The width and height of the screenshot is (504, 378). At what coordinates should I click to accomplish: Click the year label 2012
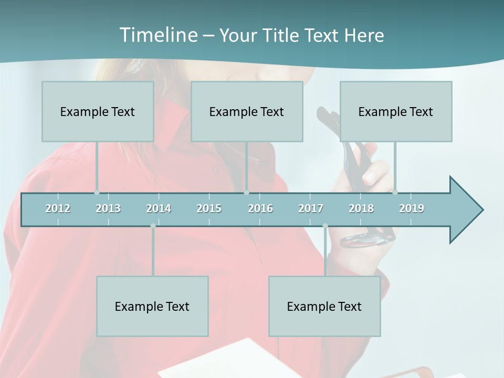pyautogui.click(x=58, y=208)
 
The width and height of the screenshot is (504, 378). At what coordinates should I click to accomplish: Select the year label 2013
pyautogui.click(x=108, y=208)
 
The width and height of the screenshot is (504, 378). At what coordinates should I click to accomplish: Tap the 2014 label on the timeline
pyautogui.click(x=159, y=208)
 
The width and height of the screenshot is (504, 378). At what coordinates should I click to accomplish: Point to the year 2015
pyautogui.click(x=209, y=208)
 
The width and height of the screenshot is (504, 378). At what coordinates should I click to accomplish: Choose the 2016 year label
pyautogui.click(x=260, y=208)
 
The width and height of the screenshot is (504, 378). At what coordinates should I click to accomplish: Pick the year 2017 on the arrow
pyautogui.click(x=311, y=208)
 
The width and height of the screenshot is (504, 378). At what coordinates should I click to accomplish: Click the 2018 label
pyautogui.click(x=361, y=208)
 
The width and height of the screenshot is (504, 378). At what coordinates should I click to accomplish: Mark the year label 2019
pyautogui.click(x=412, y=208)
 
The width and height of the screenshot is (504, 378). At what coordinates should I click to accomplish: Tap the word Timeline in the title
pyautogui.click(x=157, y=35)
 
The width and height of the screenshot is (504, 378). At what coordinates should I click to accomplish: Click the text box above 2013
pyautogui.click(x=98, y=111)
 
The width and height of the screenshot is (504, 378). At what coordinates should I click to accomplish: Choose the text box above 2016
pyautogui.click(x=247, y=111)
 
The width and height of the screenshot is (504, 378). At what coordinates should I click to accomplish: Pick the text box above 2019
pyautogui.click(x=396, y=111)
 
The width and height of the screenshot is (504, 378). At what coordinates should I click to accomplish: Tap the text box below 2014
pyautogui.click(x=152, y=306)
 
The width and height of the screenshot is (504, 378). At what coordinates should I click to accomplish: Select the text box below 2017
pyautogui.click(x=324, y=306)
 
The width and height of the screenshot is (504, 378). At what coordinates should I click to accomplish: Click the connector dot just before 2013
pyautogui.click(x=97, y=193)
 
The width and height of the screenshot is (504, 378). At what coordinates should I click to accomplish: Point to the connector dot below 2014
pyautogui.click(x=153, y=226)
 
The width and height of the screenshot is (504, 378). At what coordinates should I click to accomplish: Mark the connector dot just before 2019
pyautogui.click(x=395, y=193)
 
